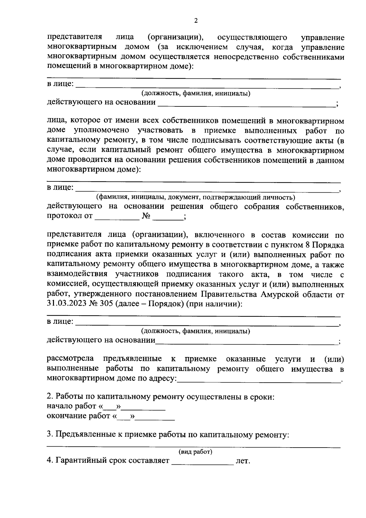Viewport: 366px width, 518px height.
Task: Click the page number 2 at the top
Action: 196,21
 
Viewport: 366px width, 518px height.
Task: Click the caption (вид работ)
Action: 195,452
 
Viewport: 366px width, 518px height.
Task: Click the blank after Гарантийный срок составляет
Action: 202,461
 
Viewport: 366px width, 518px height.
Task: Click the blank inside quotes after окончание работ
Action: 124,417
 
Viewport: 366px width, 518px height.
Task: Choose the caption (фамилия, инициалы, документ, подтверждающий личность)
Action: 196,197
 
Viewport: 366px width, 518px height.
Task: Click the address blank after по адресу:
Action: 259,379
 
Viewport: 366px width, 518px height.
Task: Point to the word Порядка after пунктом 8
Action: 328,245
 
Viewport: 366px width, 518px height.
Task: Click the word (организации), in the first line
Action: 176,38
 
